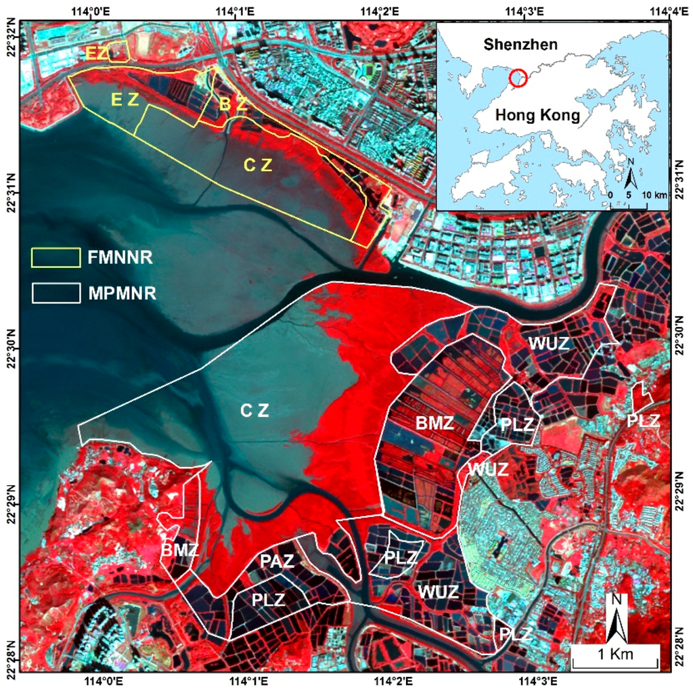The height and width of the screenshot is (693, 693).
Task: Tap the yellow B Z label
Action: pyautogui.click(x=233, y=105)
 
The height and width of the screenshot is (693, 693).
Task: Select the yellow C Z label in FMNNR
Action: pyautogui.click(x=258, y=164)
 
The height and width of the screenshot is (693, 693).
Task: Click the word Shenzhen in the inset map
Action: pyautogui.click(x=520, y=45)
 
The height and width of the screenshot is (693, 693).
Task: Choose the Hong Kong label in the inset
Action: pyautogui.click(x=537, y=115)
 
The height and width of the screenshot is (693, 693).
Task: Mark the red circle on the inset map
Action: pyautogui.click(x=518, y=78)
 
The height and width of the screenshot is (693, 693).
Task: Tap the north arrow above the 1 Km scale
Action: pyautogui.click(x=617, y=617)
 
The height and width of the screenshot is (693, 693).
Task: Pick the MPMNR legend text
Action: pyautogui.click(x=122, y=294)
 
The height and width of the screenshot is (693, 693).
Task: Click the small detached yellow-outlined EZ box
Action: pyautogui.click(x=118, y=51)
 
